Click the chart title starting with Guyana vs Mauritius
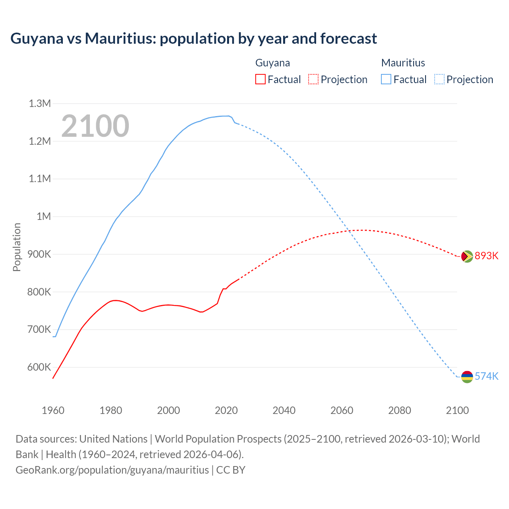(x=194, y=39)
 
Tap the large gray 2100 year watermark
(x=95, y=126)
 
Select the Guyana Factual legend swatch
(x=260, y=79)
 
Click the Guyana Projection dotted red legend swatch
(x=313, y=79)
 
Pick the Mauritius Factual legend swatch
(x=386, y=79)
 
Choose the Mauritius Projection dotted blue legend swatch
(x=439, y=79)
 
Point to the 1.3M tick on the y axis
(x=40, y=104)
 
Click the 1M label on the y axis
(x=44, y=216)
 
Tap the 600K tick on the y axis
(x=39, y=367)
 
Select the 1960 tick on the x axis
(x=53, y=410)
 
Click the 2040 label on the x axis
(x=284, y=410)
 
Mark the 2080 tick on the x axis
(x=400, y=410)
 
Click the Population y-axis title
(x=17, y=247)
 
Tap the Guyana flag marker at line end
(x=467, y=256)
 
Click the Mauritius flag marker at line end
(x=467, y=377)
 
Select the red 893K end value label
(x=486, y=256)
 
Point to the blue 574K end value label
(x=486, y=376)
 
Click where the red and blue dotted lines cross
(x=348, y=230)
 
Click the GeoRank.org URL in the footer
(x=112, y=470)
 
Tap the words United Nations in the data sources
(x=113, y=439)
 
